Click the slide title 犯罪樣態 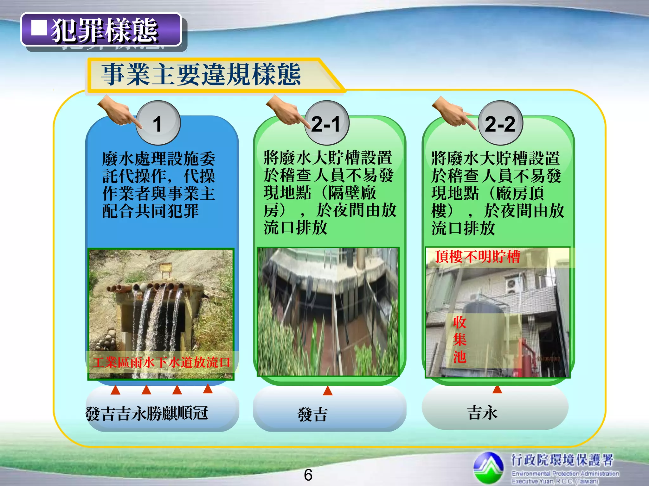pos(105,30)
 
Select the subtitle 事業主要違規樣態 pos(201,74)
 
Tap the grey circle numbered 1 pos(158,123)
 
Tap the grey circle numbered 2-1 pos(326,123)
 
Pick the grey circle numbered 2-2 pos(500,123)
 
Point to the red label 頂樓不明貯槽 pos(478,257)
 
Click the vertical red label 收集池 pos(459,340)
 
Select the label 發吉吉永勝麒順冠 pos(147,413)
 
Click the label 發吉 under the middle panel pos(312,414)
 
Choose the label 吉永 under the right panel pos(482,413)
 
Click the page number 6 pos(308,475)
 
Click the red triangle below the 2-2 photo pos(497,389)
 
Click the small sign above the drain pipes pos(165,268)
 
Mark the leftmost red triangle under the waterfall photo pos(115,390)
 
